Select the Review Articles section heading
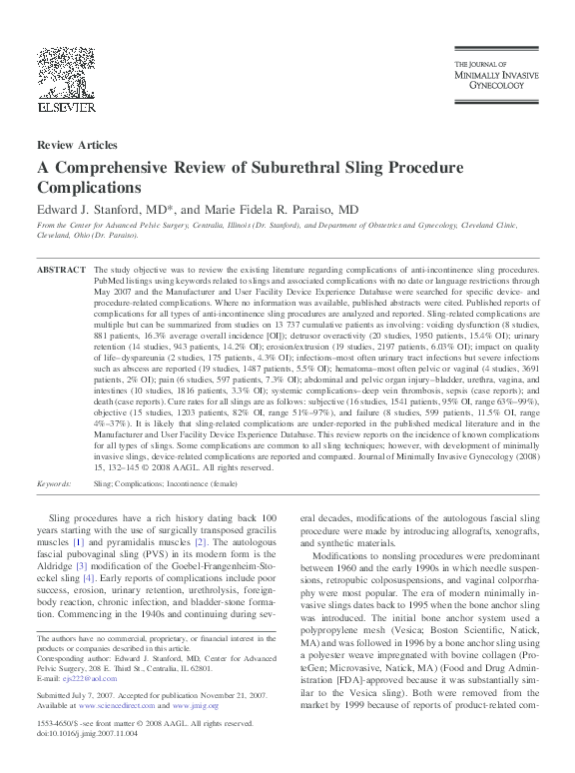tap(76, 146)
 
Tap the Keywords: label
tap(59, 482)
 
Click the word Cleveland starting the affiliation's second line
tap(55, 237)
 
